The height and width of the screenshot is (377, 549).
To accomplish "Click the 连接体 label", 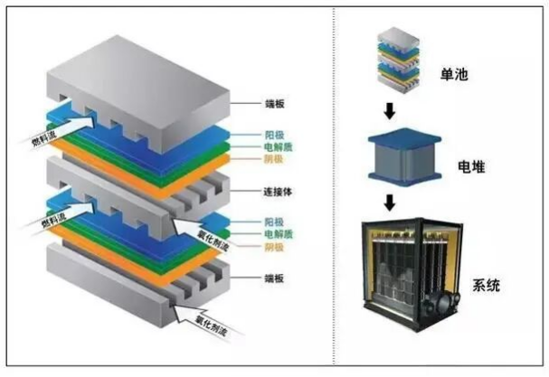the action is point(278,192).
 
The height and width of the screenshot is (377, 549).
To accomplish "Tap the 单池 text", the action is point(454,74).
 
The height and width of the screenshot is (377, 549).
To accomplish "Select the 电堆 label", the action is point(471,166).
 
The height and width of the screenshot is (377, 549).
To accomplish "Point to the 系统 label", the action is point(487,286).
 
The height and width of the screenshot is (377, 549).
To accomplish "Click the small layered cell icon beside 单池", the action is point(399,61).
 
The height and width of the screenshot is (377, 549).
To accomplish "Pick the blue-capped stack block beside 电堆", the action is point(405,156).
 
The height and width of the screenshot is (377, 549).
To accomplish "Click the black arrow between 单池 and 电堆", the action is point(389,111).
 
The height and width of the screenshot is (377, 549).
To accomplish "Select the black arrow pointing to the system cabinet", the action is point(389,203).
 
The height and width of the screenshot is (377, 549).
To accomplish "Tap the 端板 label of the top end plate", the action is point(275,104).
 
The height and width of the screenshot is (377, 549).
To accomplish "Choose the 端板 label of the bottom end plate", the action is point(274,278).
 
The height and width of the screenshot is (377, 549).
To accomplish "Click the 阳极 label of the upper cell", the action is point(274,135).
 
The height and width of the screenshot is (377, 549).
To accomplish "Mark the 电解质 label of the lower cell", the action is point(278,234).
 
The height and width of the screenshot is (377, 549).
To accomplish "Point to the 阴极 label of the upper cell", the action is point(273,160).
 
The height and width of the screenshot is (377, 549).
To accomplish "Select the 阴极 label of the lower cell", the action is point(274,247).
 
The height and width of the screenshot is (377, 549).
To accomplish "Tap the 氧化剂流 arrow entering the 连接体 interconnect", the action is point(203,232).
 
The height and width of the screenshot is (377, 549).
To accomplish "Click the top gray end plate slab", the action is point(138,93).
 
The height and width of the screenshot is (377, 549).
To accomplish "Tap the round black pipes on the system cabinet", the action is point(442,302).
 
